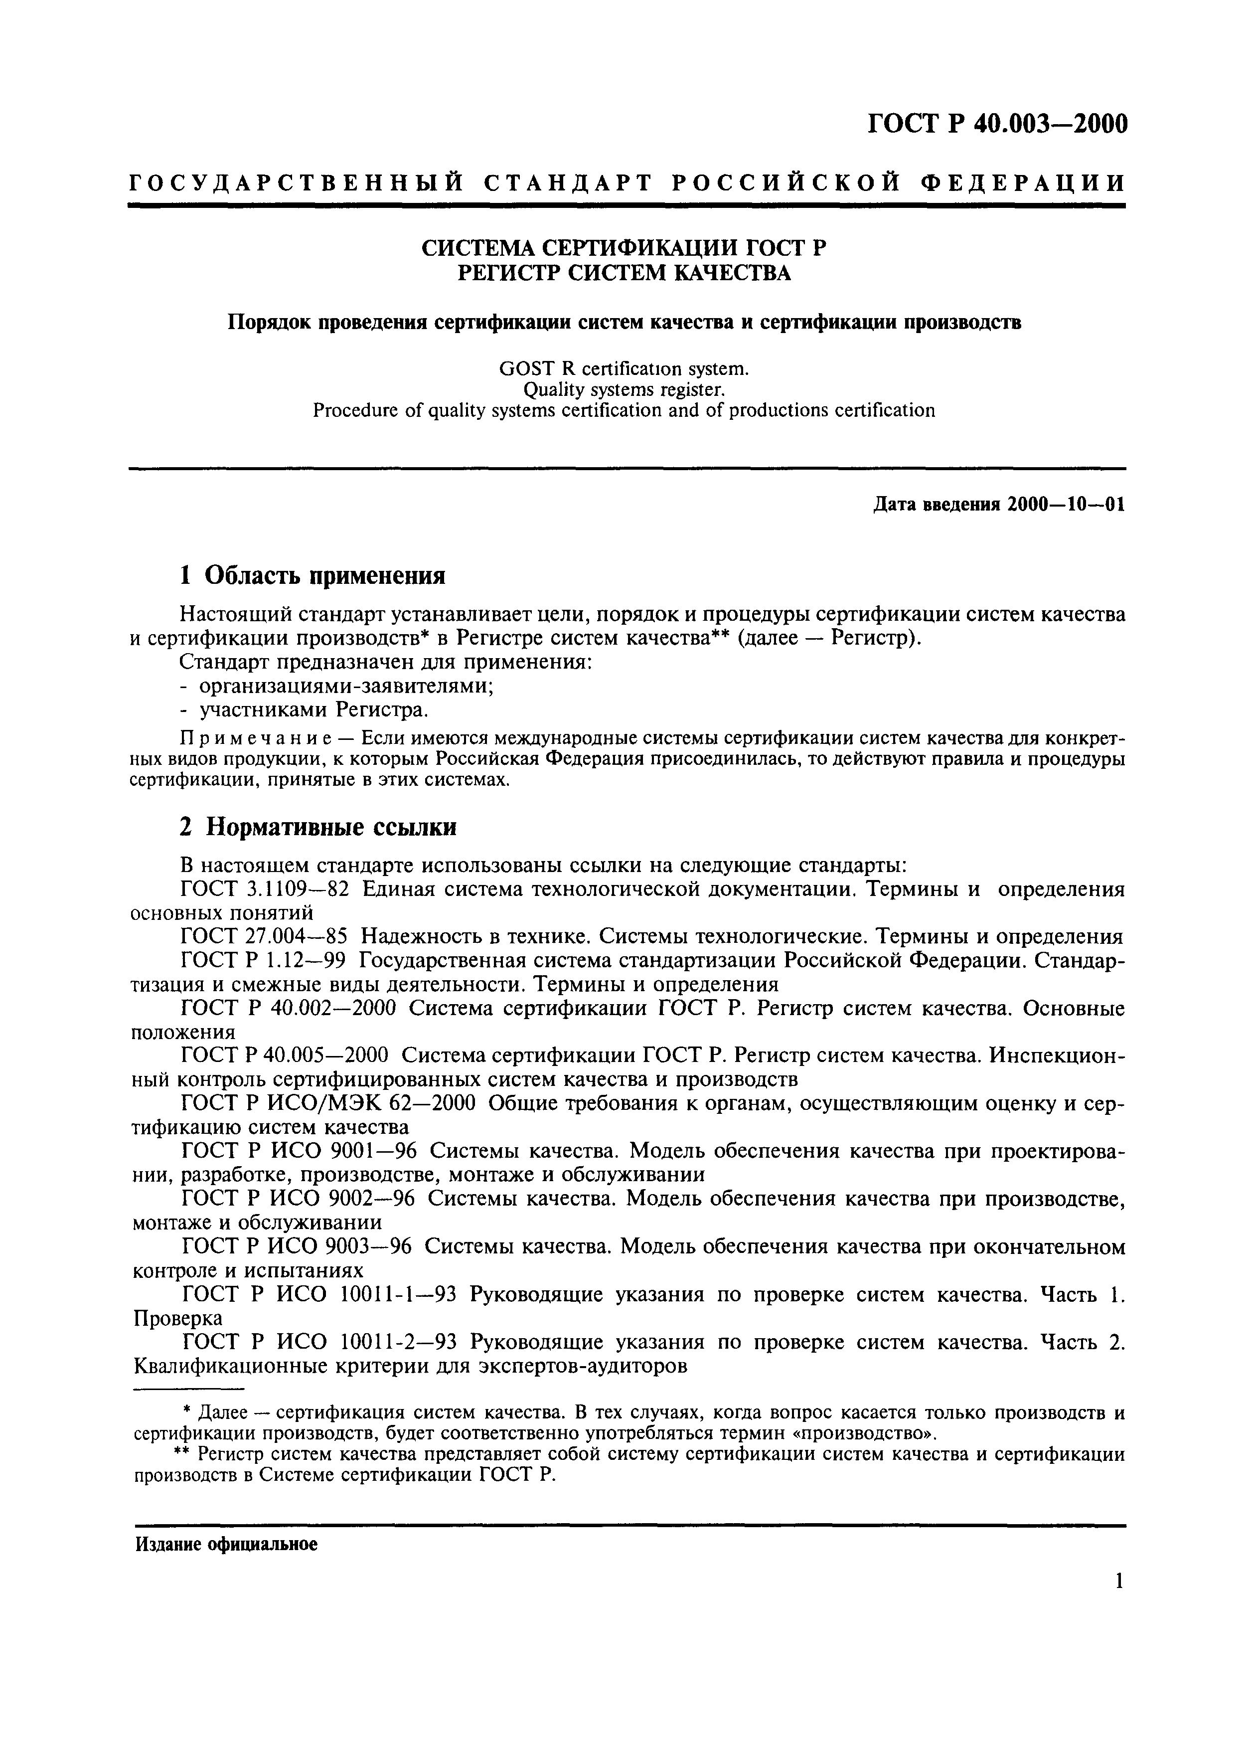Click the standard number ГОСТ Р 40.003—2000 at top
coord(997,124)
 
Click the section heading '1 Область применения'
coord(313,575)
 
